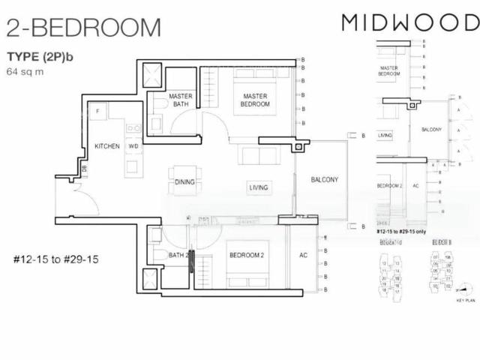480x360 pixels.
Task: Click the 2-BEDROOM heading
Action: click(83, 28)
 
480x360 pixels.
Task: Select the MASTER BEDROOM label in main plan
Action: click(255, 100)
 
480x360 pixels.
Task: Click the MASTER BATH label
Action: click(181, 100)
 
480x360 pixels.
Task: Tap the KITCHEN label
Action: click(107, 145)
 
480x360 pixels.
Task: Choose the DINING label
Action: click(184, 182)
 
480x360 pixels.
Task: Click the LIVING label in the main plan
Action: click(259, 187)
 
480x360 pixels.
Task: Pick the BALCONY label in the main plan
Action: click(325, 180)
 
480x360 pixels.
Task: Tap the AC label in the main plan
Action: click(303, 256)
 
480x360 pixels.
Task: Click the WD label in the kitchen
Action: click(133, 145)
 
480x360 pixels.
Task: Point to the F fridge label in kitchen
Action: click(97, 112)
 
